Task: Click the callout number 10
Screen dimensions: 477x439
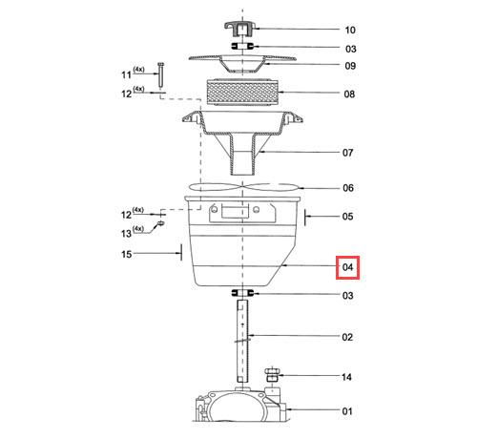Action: click(x=350, y=30)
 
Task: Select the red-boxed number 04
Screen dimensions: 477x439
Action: click(x=347, y=267)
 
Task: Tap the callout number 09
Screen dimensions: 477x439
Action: click(x=350, y=66)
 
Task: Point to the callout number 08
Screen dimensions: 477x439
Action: click(x=349, y=94)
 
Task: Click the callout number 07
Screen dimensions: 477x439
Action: click(x=347, y=153)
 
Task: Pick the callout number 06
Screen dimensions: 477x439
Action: click(x=348, y=188)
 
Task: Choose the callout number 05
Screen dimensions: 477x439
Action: click(x=347, y=217)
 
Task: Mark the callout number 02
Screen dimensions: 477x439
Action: click(x=347, y=337)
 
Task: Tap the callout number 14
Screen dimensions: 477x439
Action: click(x=346, y=377)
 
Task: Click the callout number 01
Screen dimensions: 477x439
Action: click(x=347, y=411)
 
